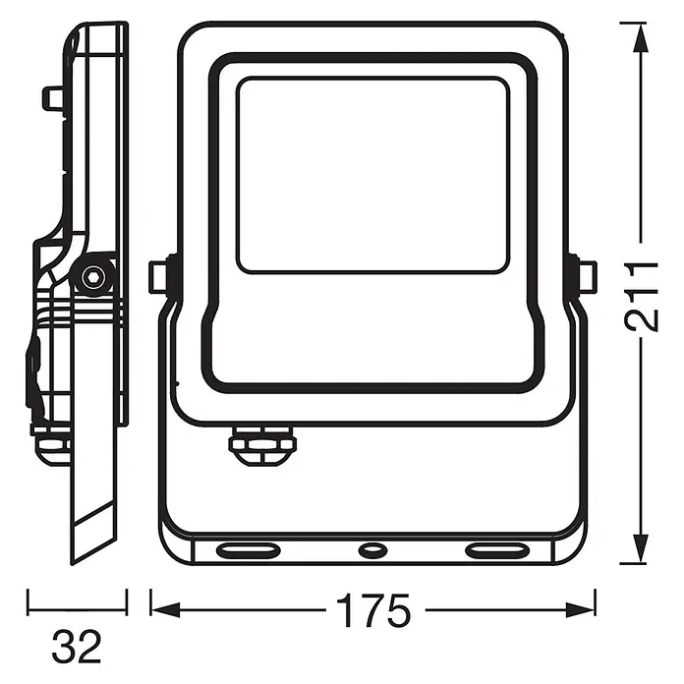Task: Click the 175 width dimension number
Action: (x=373, y=610)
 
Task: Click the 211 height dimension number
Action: (x=640, y=297)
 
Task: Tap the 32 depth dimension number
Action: (x=77, y=647)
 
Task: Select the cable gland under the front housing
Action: (x=262, y=445)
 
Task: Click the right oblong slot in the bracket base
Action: (x=497, y=550)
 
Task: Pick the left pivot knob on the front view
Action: (x=159, y=277)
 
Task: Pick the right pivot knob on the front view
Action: (x=586, y=276)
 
